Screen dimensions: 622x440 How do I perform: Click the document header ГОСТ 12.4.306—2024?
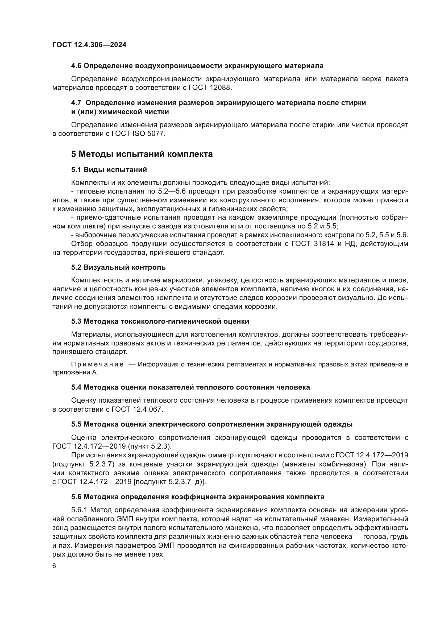point(89,45)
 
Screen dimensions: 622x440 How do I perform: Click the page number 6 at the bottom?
point(54,566)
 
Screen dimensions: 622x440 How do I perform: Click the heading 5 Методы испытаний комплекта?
point(142,154)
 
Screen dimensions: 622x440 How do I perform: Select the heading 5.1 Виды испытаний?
point(109,170)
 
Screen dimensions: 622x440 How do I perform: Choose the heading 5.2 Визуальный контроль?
point(118,267)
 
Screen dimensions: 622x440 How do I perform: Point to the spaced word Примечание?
point(97,364)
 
